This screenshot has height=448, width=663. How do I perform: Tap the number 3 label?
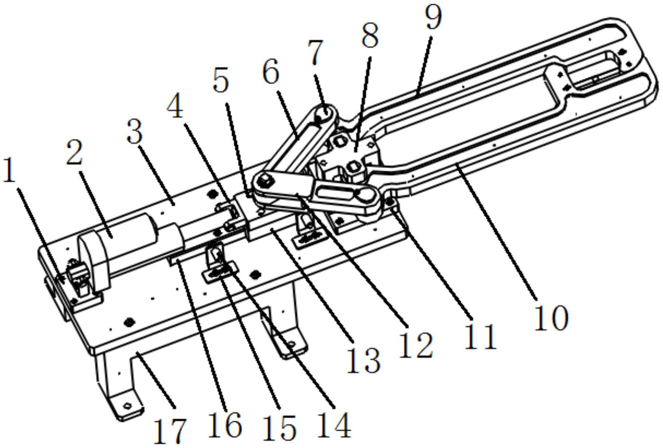134,132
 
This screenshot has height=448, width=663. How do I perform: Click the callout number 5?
221,80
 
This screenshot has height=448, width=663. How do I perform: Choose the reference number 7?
316,52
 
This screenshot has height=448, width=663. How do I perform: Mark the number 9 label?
433,16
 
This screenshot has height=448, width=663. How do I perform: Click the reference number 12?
416,345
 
